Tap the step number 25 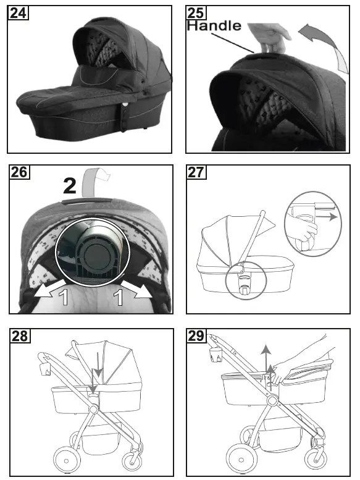pos(197,12)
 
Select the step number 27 pos(197,172)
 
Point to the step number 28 pos(19,335)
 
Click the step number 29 pos(197,335)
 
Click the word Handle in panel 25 pos(214,26)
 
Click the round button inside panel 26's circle pos(99,253)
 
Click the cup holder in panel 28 pos(43,369)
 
